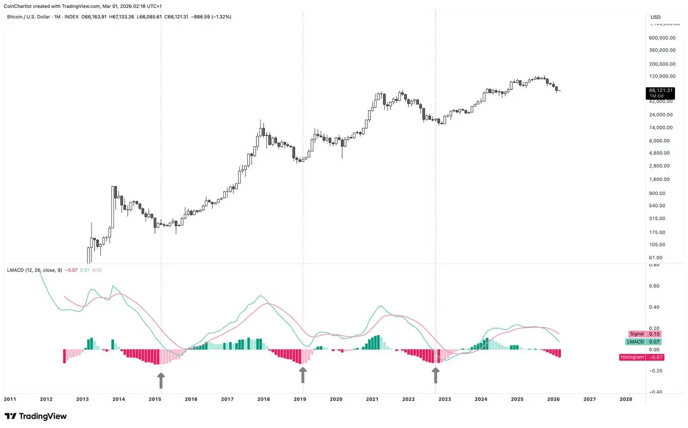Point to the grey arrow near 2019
[303, 375]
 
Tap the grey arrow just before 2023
[436, 375]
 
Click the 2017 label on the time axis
[227, 399]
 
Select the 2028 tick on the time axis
[626, 399]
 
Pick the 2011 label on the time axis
[10, 399]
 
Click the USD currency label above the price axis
[655, 17]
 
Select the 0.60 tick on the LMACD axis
[654, 286]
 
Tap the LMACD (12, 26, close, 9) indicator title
[34, 270]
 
